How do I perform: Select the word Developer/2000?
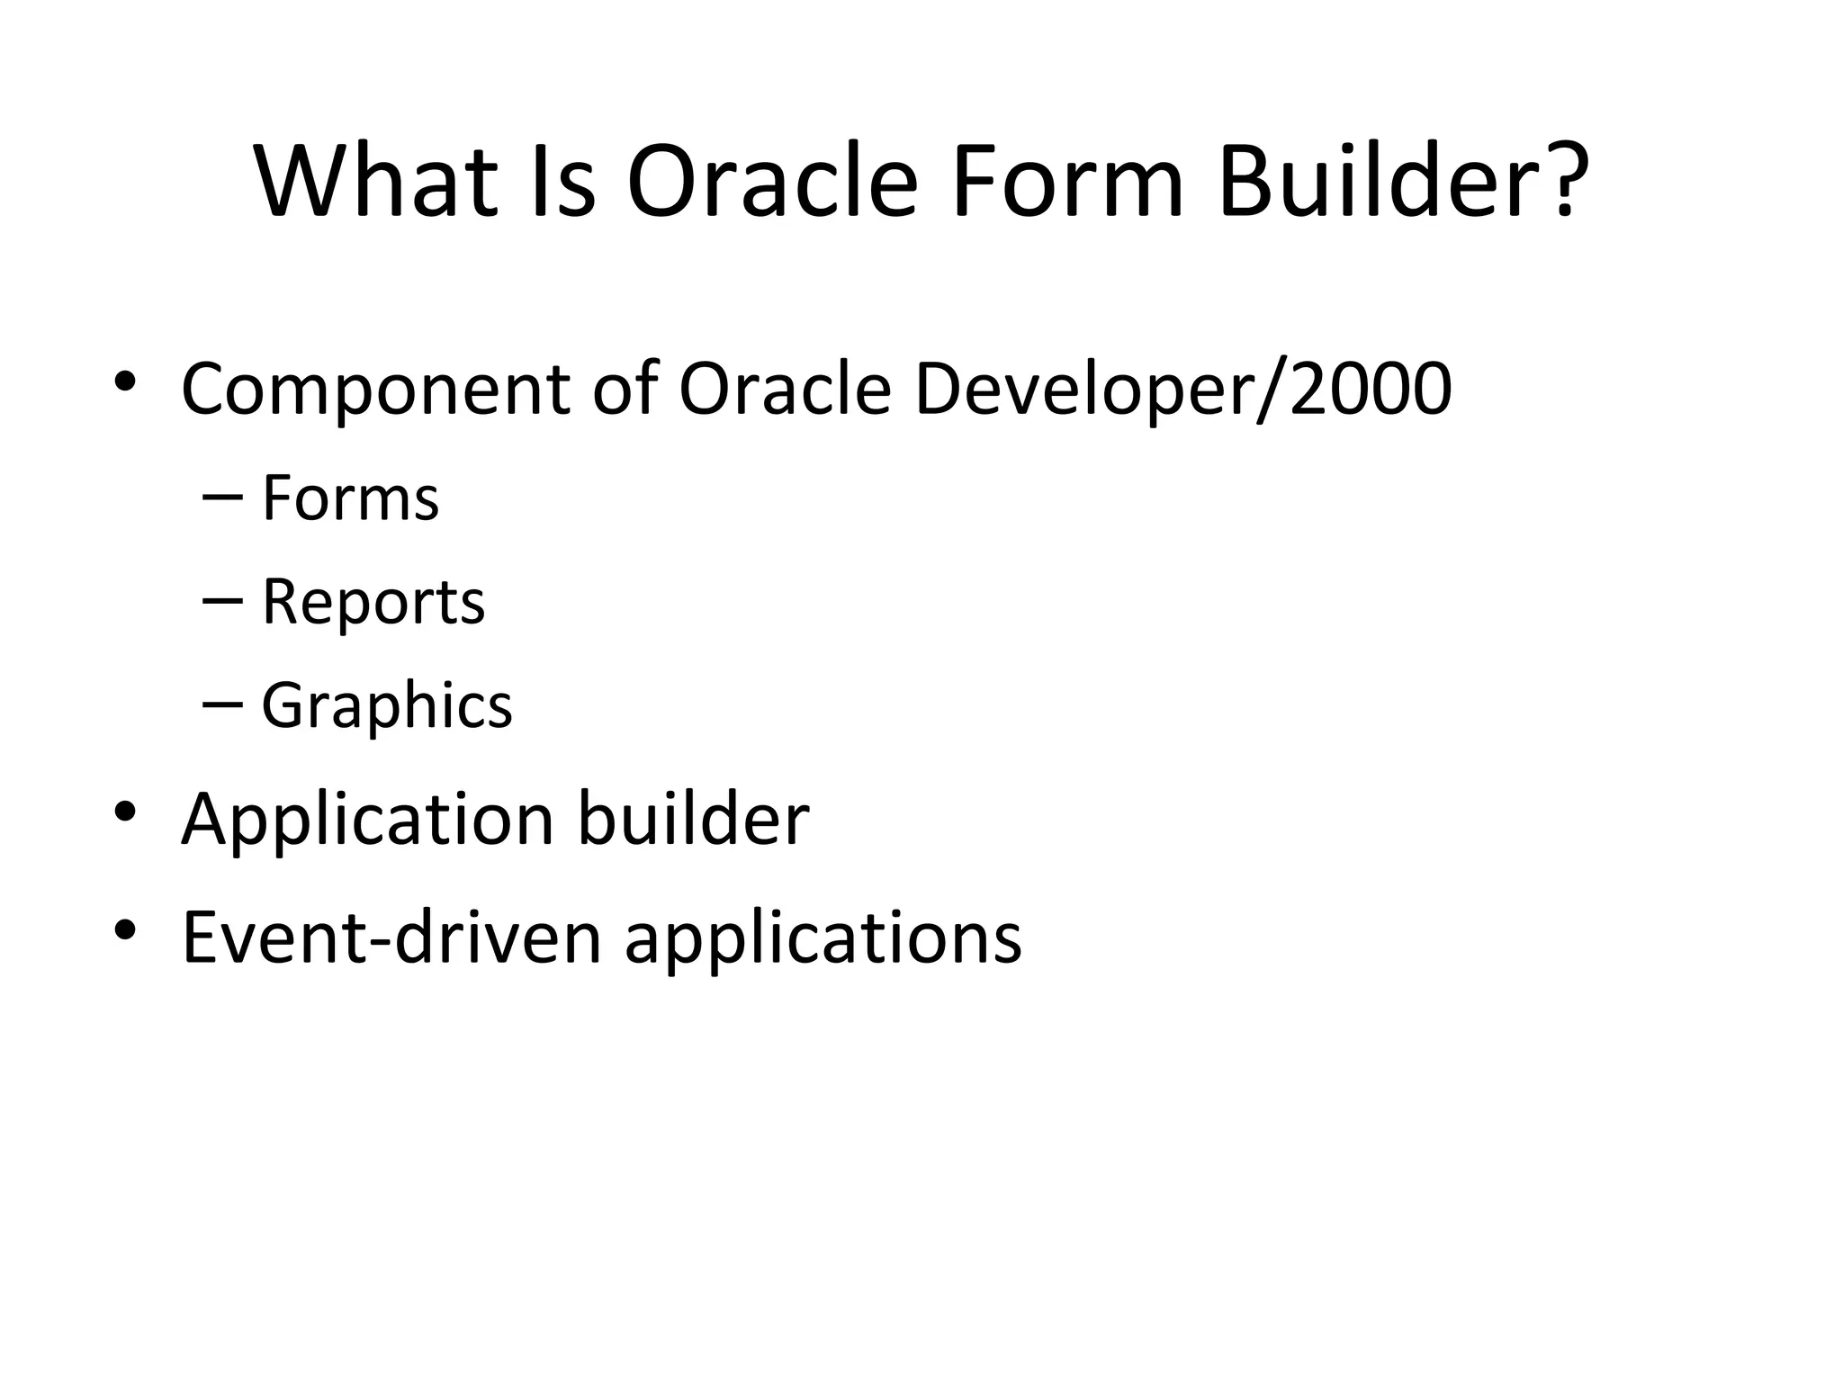click(x=1182, y=389)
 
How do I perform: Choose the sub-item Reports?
click(x=373, y=601)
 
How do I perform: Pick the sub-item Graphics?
click(x=386, y=704)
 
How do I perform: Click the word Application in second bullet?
click(x=367, y=819)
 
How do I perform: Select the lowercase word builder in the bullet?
click(x=693, y=819)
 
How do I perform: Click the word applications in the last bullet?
click(x=823, y=938)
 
